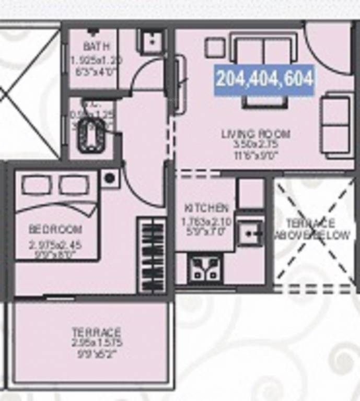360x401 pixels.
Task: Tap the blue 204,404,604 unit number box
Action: [x=264, y=79]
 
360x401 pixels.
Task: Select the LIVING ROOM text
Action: [x=256, y=134]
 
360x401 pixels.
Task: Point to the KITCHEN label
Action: [x=206, y=207]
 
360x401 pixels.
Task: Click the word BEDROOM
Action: [x=55, y=229]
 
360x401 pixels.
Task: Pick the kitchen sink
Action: [x=250, y=232]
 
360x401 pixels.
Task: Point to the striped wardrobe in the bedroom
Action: [x=153, y=255]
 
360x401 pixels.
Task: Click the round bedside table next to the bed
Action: [x=110, y=179]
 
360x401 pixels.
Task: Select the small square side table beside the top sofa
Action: [x=214, y=48]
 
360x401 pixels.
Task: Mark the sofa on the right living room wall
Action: [x=335, y=125]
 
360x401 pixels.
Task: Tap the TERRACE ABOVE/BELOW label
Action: [x=312, y=229]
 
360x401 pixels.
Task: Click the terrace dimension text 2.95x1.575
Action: [x=96, y=343]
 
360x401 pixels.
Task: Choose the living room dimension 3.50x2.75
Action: [x=256, y=144]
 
